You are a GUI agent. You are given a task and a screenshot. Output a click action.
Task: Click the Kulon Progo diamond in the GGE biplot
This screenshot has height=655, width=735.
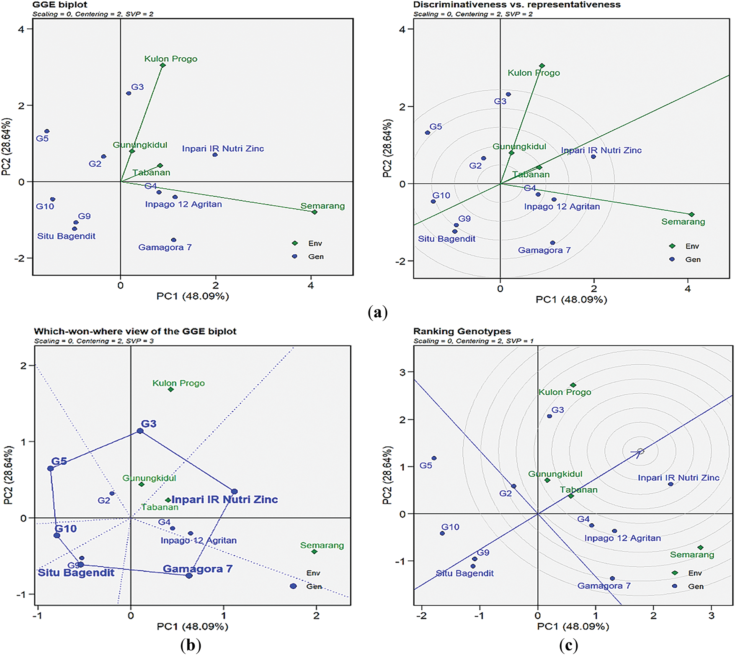163,65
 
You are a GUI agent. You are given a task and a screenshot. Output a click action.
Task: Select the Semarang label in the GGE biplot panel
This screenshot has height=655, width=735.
322,206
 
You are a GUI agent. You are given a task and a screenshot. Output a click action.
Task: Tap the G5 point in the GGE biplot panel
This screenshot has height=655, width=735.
47,131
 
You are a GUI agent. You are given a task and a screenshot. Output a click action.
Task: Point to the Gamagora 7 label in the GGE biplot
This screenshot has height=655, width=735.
165,247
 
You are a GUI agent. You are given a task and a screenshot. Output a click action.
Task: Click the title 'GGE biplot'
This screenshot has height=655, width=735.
60,5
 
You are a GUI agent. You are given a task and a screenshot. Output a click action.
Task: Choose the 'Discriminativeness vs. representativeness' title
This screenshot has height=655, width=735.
517,5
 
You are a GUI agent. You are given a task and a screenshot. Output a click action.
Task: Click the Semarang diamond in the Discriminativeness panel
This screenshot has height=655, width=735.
691,215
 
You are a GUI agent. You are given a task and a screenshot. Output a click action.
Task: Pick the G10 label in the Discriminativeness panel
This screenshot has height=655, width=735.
441,195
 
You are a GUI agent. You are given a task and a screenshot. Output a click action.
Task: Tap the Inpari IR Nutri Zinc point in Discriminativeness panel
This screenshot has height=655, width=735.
593,157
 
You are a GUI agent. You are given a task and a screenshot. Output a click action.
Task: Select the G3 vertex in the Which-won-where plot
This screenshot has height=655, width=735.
140,431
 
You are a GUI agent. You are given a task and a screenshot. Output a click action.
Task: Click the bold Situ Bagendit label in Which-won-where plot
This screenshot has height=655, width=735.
76,573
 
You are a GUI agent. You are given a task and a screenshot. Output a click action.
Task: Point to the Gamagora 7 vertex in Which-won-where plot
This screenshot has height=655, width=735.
189,576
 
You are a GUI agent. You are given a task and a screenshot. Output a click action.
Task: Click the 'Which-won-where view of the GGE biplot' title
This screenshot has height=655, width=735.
135,331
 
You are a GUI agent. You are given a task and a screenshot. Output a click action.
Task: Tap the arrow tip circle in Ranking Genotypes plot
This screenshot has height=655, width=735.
640,451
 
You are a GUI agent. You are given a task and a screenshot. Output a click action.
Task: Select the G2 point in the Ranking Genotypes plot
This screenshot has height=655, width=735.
514,486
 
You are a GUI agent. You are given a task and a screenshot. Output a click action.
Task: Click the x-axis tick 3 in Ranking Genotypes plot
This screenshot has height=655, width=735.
711,615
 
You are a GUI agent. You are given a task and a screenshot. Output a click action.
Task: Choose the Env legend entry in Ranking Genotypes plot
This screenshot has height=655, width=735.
695,573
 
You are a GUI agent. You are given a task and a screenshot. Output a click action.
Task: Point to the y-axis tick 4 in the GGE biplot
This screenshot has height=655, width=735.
21,29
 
